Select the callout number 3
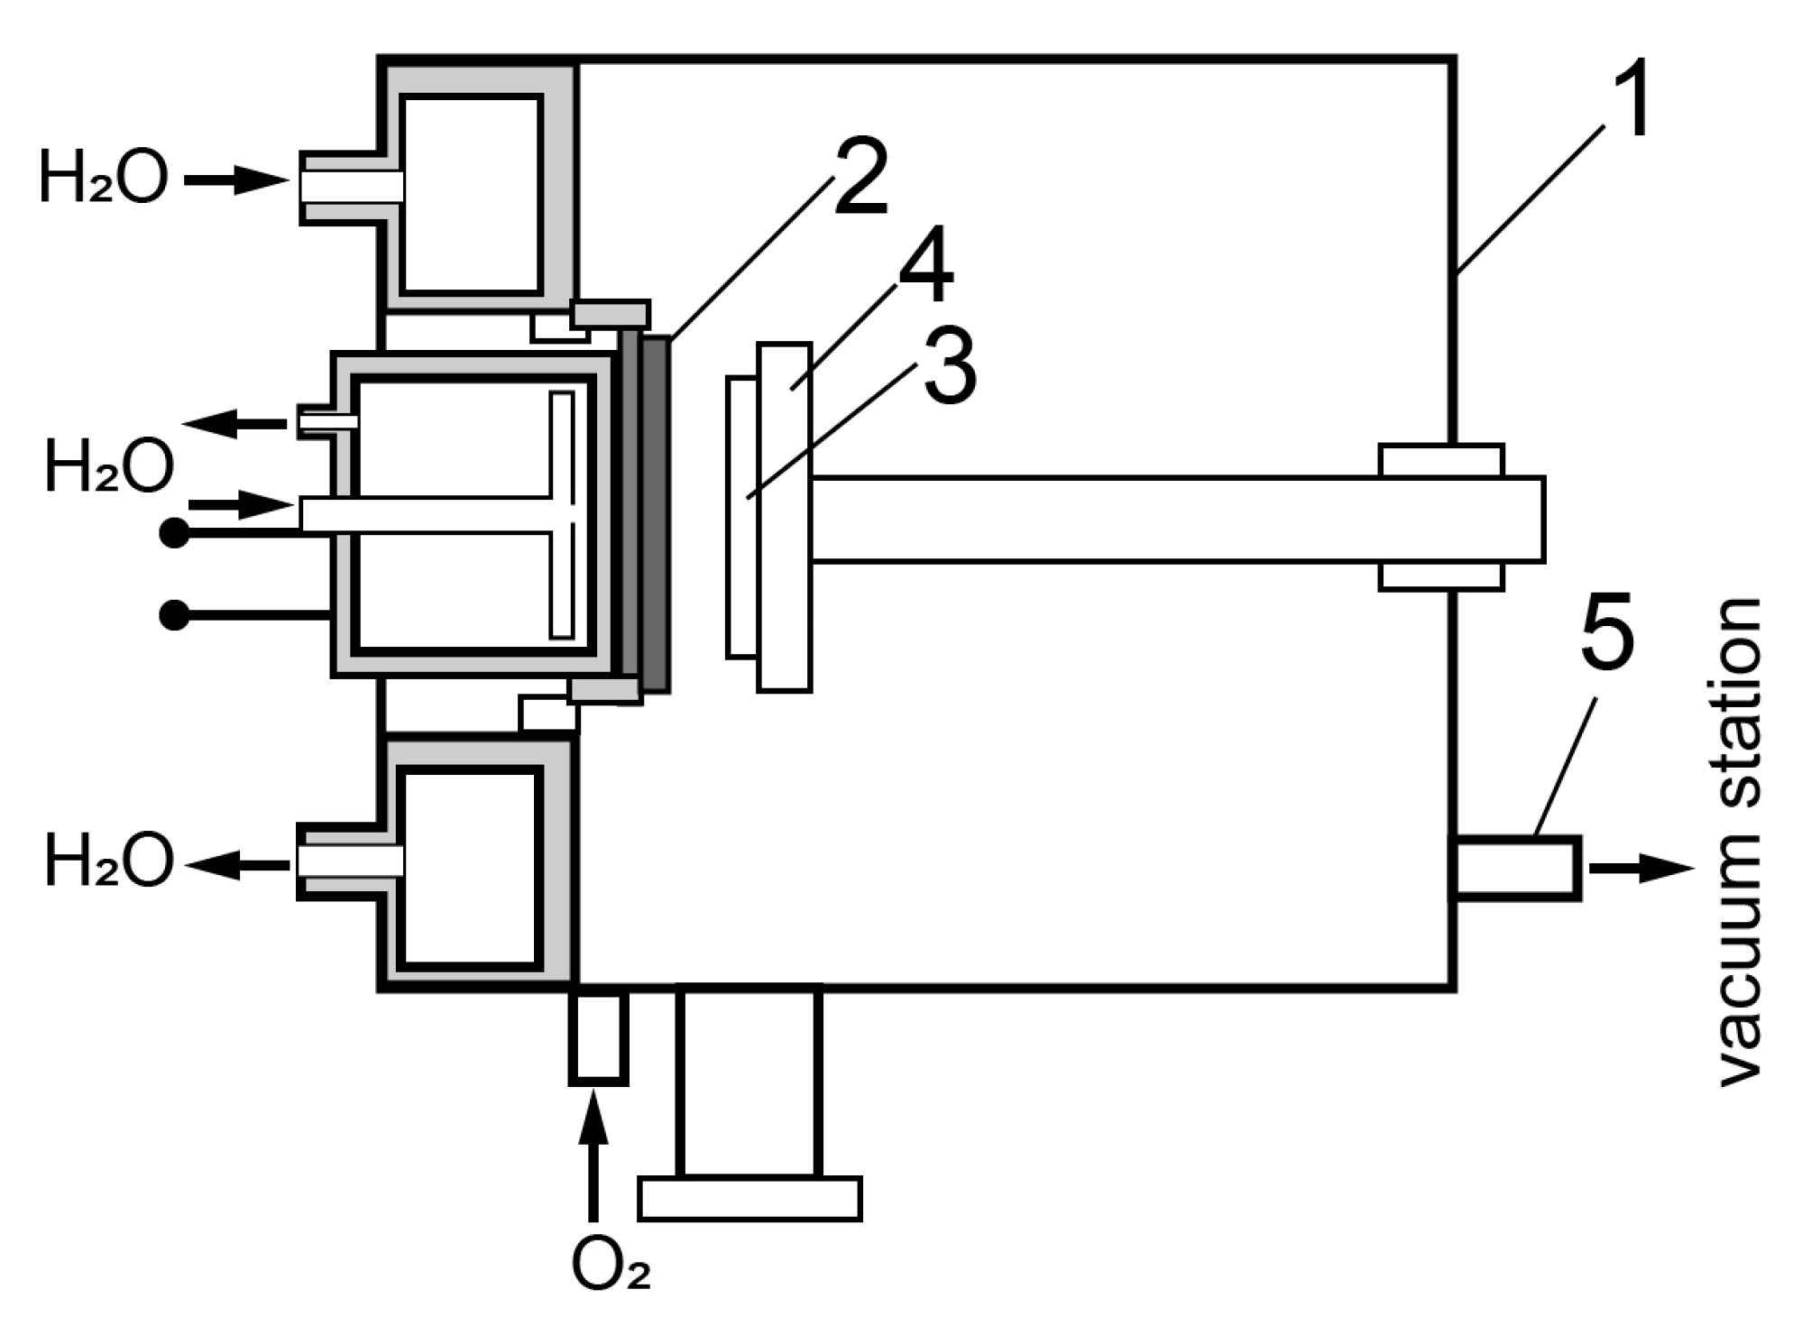(950, 367)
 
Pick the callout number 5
(1607, 631)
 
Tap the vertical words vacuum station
(1738, 843)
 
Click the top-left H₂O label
(103, 177)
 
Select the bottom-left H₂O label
(108, 861)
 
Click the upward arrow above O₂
(593, 1165)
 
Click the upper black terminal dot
(174, 534)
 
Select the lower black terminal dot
(174, 615)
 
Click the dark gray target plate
(656, 514)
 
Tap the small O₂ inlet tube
(598, 1036)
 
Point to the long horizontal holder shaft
(1172, 520)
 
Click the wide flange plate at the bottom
(749, 1198)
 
